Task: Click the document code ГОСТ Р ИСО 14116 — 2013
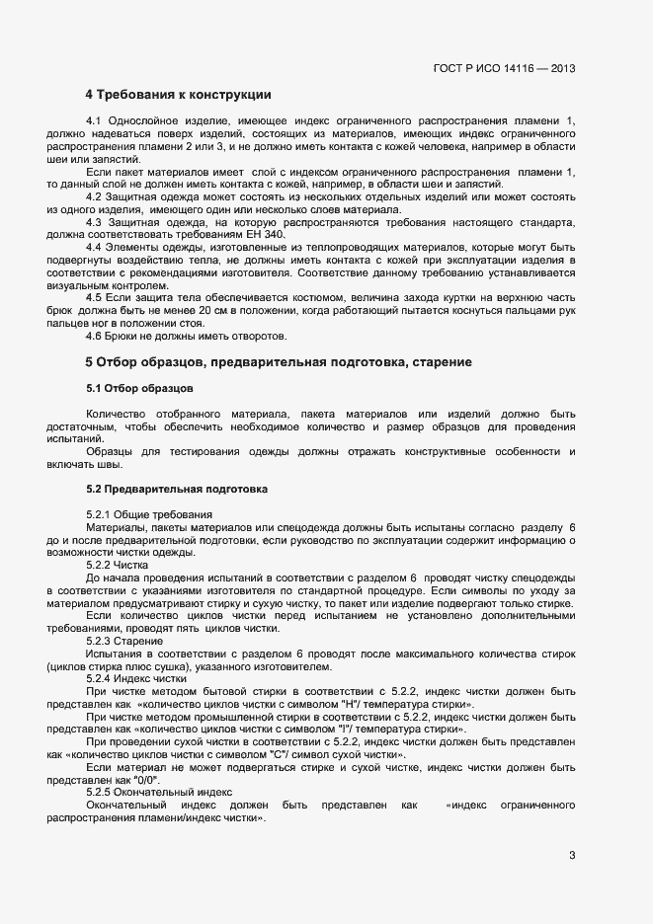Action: [505, 69]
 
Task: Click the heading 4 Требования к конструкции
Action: [178, 95]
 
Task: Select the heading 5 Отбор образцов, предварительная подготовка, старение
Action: [278, 362]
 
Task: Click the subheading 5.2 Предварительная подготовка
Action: [176, 490]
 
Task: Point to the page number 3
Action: [572, 855]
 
